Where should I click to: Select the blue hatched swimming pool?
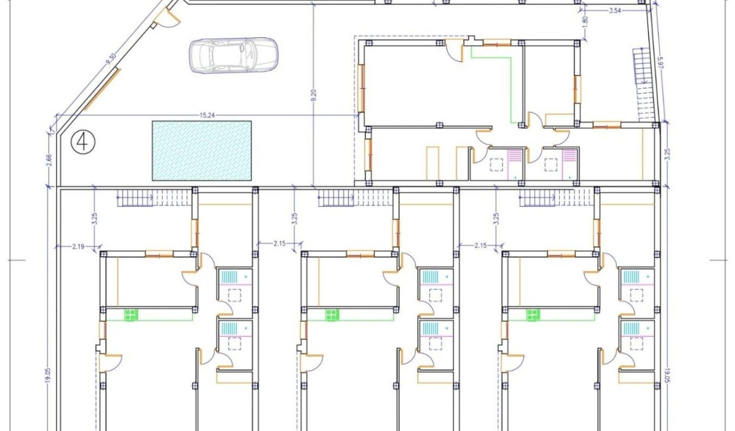tap(202, 150)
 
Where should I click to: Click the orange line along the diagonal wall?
tap(103, 90)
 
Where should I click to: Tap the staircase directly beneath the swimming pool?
tap(154, 198)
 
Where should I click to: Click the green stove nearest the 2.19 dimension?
tap(132, 315)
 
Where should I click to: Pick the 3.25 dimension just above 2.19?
tap(94, 218)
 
